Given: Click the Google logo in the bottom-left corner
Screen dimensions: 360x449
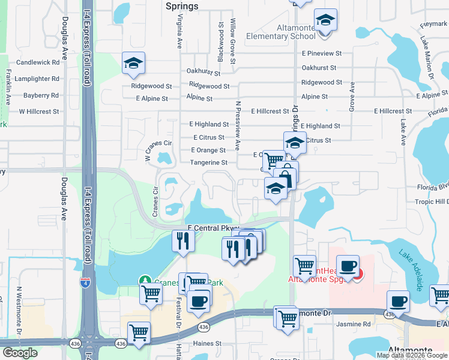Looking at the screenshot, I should (20, 353).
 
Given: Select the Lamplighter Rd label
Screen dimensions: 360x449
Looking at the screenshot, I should (38, 79).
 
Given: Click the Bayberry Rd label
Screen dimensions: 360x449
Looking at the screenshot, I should (41, 95).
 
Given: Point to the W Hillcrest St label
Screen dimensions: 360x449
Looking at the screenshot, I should (39, 112).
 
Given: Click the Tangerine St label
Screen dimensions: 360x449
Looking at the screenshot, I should (208, 163).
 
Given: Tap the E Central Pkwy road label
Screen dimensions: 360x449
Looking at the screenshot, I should (214, 228).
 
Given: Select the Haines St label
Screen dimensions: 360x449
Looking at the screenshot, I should (207, 344).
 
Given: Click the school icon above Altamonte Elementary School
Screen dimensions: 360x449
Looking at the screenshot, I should (325, 21).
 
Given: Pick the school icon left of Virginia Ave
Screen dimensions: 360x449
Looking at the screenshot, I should (133, 63).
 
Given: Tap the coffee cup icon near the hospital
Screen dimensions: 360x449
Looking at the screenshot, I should (348, 265).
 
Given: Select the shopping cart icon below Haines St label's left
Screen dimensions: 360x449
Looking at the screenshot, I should (139, 332).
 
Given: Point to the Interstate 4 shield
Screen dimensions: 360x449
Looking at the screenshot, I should (87, 283).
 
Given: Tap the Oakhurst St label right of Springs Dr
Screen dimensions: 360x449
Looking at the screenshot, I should (321, 68).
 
